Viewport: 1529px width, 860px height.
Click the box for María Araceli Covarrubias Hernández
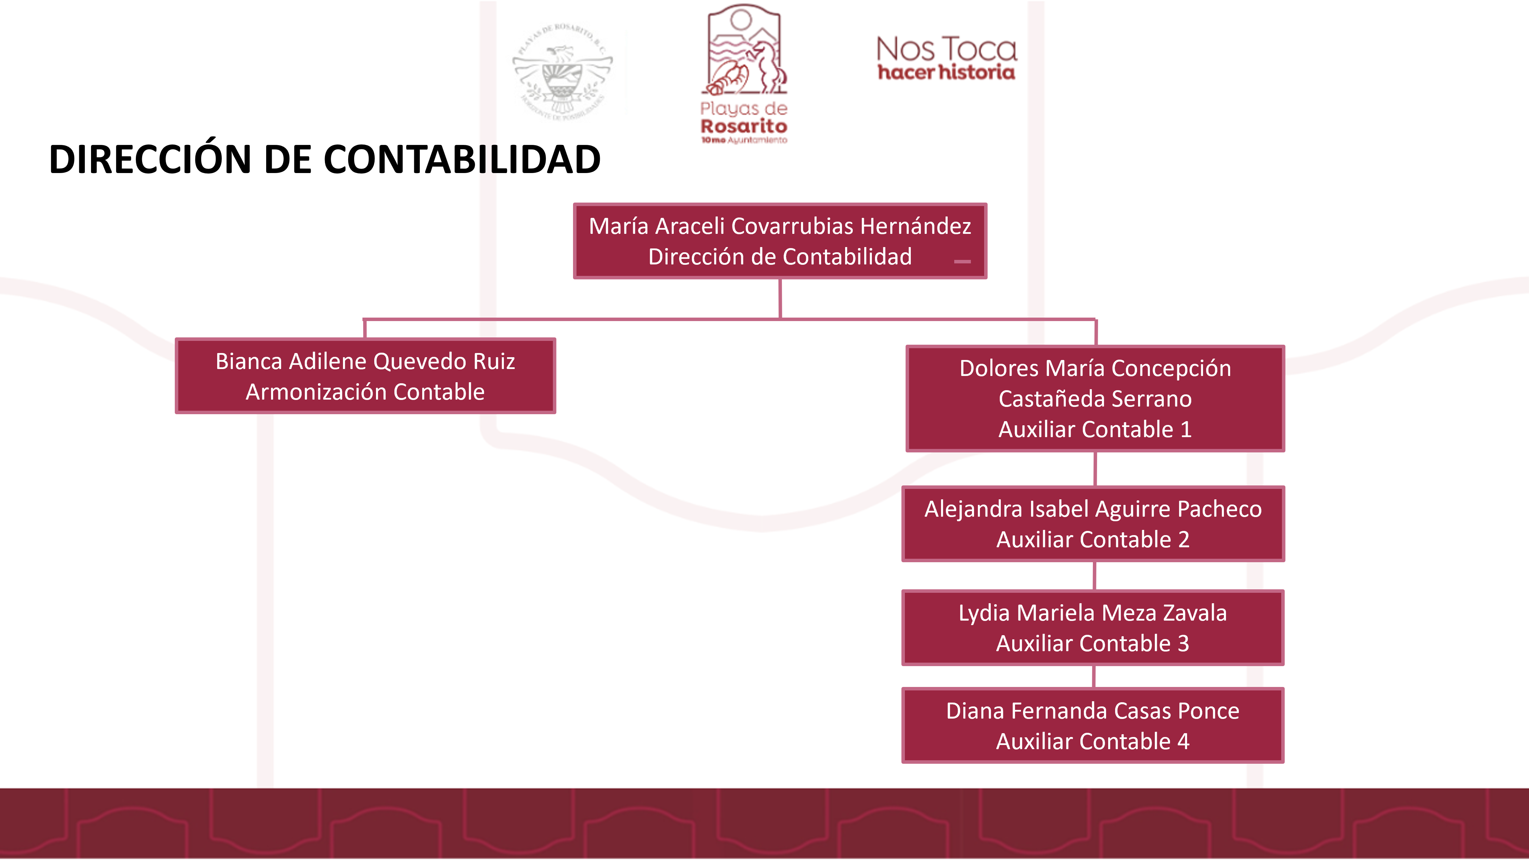coord(779,241)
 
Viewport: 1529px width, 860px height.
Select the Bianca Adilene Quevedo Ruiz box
coord(365,376)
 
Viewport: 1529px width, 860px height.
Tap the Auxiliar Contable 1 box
coord(1095,398)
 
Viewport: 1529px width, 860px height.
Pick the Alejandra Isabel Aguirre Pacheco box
coord(1093,524)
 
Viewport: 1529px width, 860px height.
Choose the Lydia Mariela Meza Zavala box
coord(1093,627)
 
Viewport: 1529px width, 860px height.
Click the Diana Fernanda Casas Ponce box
coord(1093,725)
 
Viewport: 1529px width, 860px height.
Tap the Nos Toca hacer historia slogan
coord(946,58)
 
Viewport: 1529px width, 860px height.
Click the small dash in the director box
coord(962,261)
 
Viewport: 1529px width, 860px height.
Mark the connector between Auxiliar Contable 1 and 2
coord(1095,469)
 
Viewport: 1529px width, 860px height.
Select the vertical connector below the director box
coord(780,298)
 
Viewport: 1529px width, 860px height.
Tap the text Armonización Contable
coord(365,392)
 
